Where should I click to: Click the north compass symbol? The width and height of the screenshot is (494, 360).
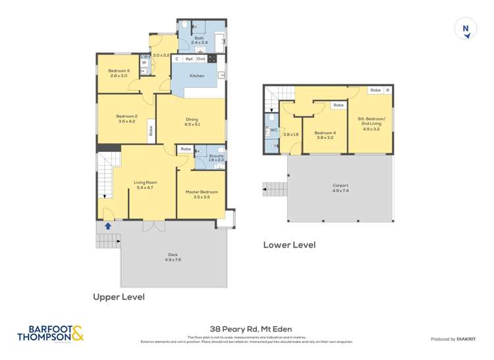pyautogui.click(x=466, y=30)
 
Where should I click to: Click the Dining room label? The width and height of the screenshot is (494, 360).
pyautogui.click(x=192, y=119)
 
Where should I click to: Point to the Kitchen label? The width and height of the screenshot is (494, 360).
pyautogui.click(x=197, y=76)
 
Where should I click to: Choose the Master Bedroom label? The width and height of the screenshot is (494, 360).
pyautogui.click(x=201, y=192)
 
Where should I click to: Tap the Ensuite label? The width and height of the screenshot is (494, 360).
pyautogui.click(x=217, y=155)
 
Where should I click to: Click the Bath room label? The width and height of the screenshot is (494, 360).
pyautogui.click(x=199, y=38)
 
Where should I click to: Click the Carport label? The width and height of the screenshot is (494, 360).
pyautogui.click(x=341, y=186)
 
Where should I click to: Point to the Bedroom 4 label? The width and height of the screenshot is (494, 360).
pyautogui.click(x=325, y=133)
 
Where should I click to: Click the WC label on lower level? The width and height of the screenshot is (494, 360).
pyautogui.click(x=274, y=130)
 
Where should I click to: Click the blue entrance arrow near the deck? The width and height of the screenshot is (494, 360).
pyautogui.click(x=107, y=226)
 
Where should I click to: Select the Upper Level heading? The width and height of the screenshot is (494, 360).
pyautogui.click(x=118, y=297)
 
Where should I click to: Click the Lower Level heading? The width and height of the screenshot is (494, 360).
pyautogui.click(x=289, y=245)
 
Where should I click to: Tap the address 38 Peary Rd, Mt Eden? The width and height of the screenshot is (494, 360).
pyautogui.click(x=250, y=328)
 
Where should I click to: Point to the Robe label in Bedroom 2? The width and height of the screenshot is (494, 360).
pyautogui.click(x=150, y=130)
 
